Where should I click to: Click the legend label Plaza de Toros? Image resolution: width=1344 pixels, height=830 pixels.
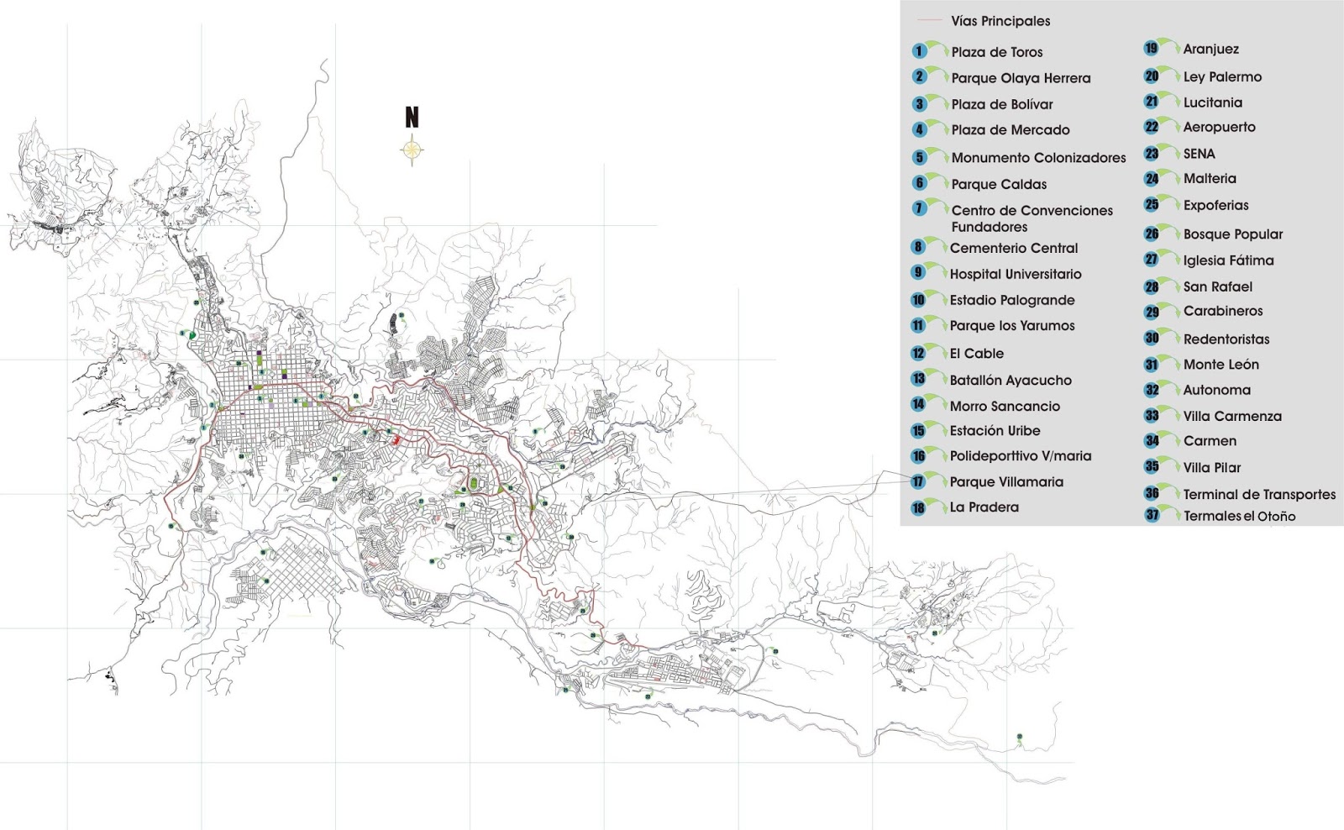[x=997, y=52]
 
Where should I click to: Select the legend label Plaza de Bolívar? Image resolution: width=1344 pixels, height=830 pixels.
[x=1001, y=104]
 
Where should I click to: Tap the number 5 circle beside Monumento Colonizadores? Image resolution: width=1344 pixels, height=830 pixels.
[x=920, y=157]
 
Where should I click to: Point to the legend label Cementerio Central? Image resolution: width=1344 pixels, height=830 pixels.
[x=1014, y=248]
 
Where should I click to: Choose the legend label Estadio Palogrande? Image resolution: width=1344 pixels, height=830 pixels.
[x=1012, y=300]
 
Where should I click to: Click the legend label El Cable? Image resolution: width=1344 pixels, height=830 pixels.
[x=977, y=354]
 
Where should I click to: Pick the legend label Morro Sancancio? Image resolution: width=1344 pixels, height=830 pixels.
[x=1005, y=406]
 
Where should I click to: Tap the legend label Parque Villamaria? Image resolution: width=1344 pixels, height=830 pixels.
[x=1006, y=482]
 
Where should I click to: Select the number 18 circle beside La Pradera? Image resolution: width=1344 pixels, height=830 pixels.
[x=918, y=507]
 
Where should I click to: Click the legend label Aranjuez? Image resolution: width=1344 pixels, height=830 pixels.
[x=1210, y=50]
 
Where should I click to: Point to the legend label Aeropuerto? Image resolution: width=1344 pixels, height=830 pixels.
[x=1219, y=127]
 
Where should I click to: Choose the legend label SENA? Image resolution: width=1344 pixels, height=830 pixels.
[x=1199, y=154]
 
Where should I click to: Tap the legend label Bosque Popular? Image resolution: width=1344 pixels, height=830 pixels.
[x=1232, y=234]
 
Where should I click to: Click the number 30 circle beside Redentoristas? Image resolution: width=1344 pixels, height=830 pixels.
[x=1152, y=339]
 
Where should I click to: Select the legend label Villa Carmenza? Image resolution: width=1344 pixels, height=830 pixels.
[x=1232, y=416]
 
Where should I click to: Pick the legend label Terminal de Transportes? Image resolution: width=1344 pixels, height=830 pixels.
[x=1259, y=494]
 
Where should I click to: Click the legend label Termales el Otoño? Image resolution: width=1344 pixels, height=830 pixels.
[x=1239, y=516]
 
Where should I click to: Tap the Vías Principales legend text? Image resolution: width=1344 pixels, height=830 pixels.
[x=1000, y=21]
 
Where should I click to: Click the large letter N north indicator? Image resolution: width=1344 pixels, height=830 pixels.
[x=412, y=118]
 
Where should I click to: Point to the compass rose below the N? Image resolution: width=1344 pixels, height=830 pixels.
[x=412, y=151]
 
